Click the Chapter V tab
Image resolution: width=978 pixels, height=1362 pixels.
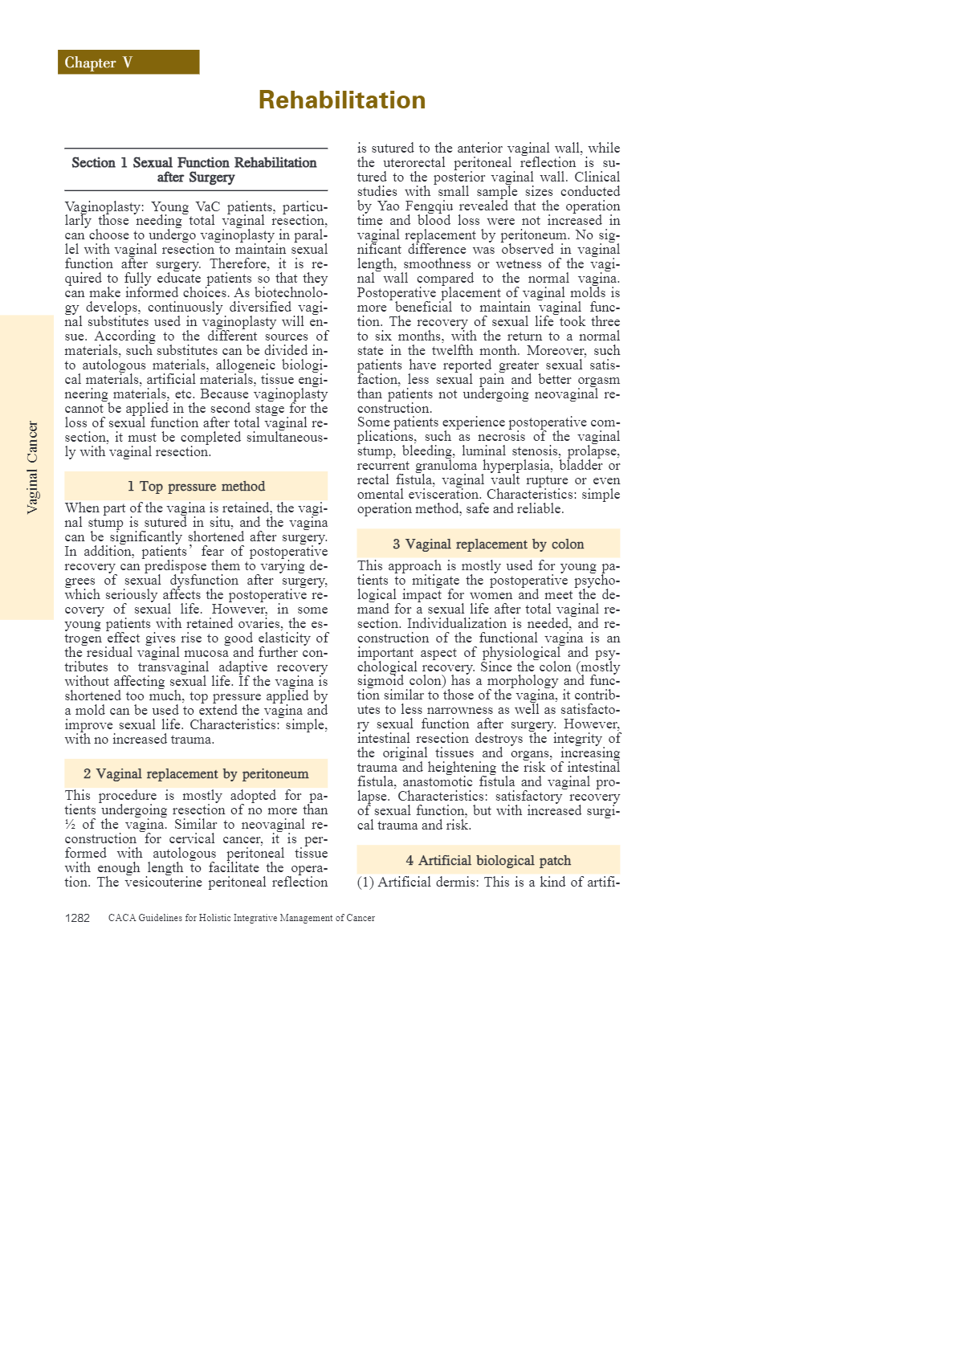(128, 63)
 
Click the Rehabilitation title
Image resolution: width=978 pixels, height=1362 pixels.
(342, 100)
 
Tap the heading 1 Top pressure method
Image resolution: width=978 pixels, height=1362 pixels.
(196, 487)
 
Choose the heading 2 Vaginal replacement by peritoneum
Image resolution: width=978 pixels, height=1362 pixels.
(196, 774)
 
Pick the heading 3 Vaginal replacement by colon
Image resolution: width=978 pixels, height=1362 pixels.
(488, 544)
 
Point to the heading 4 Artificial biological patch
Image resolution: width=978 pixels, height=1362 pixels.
(488, 861)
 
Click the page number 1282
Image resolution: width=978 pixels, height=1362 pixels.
(77, 918)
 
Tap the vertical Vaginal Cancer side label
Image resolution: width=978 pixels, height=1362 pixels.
(32, 467)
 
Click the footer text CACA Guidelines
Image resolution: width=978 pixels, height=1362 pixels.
(241, 918)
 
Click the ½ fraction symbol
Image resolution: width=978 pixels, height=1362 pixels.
(70, 825)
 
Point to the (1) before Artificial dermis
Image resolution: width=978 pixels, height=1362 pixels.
(365, 883)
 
